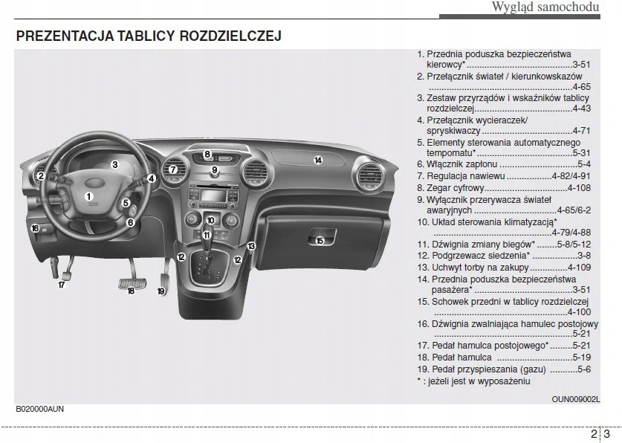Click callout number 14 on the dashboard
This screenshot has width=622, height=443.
tap(317, 161)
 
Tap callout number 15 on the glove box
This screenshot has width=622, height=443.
tap(320, 240)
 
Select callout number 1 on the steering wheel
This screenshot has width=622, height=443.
tap(88, 196)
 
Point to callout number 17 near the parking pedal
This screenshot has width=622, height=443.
tap(62, 285)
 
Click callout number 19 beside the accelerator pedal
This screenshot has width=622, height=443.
tap(161, 291)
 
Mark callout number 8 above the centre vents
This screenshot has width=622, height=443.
tap(208, 155)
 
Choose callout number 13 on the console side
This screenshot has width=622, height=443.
tap(251, 246)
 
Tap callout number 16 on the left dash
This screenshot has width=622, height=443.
tap(35, 228)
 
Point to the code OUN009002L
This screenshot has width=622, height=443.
tap(575, 399)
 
